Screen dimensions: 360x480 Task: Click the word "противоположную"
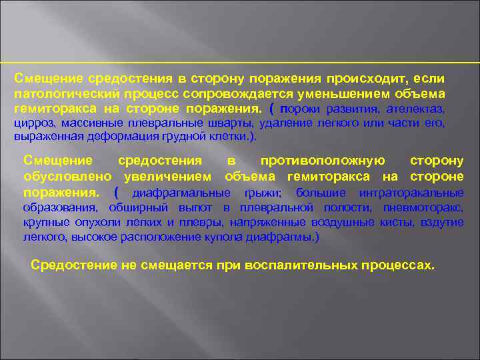click(x=323, y=161)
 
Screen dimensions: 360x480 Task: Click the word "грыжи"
click(x=264, y=193)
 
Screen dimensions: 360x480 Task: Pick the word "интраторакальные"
click(x=411, y=193)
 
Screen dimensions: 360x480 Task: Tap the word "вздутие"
click(x=443, y=222)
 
